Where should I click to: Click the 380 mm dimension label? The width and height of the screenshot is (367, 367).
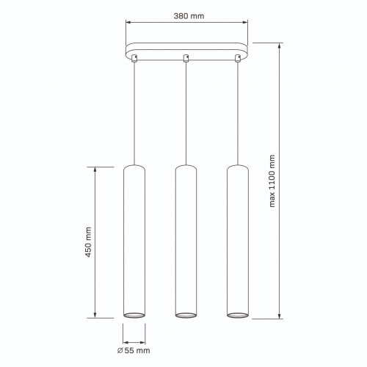point(189,16)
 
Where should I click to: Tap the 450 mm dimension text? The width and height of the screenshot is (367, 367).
point(88,242)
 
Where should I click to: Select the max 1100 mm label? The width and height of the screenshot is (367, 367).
point(272,181)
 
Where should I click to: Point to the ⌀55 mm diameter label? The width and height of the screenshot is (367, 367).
point(134,350)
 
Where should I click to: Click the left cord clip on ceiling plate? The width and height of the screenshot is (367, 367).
point(134,58)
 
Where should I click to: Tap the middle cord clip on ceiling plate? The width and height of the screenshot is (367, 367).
point(186,58)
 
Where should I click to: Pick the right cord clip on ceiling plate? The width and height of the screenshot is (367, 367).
point(238,58)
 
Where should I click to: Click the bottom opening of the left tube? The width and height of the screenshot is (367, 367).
point(134,315)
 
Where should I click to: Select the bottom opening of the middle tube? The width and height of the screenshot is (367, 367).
point(186,315)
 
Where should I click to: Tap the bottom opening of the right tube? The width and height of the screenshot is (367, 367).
point(238,315)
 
